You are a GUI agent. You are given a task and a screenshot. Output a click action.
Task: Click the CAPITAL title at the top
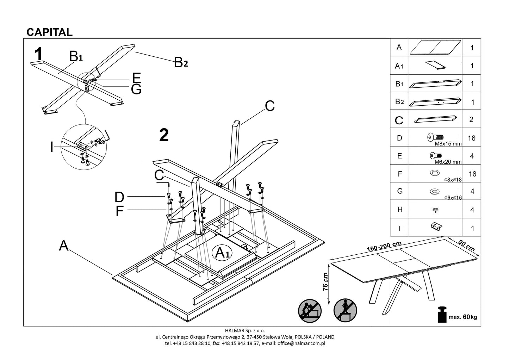pos(50,32)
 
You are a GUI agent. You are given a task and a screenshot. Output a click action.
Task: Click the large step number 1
pos(39,55)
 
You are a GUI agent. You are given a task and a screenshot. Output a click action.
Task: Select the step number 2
pos(164,135)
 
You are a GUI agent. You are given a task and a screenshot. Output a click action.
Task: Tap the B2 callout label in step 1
pos(181,62)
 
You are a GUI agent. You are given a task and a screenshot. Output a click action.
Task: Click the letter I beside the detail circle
pos(52,147)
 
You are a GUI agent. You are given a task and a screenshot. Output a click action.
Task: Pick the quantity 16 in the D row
pos(472,138)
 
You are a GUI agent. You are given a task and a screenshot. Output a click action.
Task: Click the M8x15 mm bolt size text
pos(448,144)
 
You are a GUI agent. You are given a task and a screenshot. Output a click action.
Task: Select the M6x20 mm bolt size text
pos(448,162)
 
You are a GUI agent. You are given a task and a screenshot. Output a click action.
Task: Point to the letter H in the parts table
pos(399,210)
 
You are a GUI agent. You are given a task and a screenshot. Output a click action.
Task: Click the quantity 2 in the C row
pos(472,119)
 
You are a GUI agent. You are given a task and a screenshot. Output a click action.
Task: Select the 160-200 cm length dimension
pos(384,246)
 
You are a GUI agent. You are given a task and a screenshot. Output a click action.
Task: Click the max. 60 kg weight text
pos(463,317)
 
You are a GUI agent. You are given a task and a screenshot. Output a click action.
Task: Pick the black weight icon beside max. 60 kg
pos(442,315)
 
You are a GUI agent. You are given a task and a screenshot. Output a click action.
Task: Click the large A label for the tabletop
pos(63,246)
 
